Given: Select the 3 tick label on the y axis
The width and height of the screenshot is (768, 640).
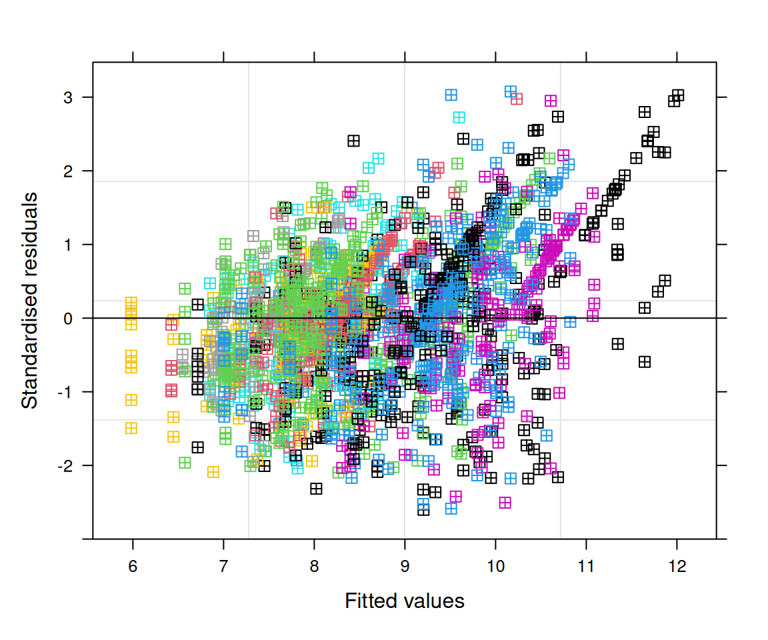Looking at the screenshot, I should point(67,98).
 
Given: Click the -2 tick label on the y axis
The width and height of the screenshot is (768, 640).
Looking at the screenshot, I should point(65,465).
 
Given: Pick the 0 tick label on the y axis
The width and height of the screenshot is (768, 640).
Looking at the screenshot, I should point(67,319).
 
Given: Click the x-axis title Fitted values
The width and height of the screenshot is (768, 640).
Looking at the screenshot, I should point(404,601).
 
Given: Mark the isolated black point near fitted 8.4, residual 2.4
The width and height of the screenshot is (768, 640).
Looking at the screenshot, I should point(353,141).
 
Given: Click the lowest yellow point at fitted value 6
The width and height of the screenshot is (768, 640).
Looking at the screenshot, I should point(131,428).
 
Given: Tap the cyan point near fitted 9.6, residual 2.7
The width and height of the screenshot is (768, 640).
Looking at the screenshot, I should point(459,117).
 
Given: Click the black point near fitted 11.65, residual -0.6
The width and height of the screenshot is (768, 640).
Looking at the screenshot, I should point(645,362).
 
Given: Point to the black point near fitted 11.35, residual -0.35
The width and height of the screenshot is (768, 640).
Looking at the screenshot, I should point(617,344).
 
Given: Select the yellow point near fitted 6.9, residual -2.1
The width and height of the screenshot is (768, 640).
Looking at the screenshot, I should point(213,472).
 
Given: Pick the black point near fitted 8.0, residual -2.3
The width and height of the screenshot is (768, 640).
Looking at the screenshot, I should point(316,489).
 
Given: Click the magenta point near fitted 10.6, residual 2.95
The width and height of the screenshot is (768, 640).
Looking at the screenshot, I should point(551,101).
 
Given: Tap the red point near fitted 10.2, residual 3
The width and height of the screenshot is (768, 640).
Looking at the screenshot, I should point(517,99).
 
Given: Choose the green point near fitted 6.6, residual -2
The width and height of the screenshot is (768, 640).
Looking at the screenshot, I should point(185,463).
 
